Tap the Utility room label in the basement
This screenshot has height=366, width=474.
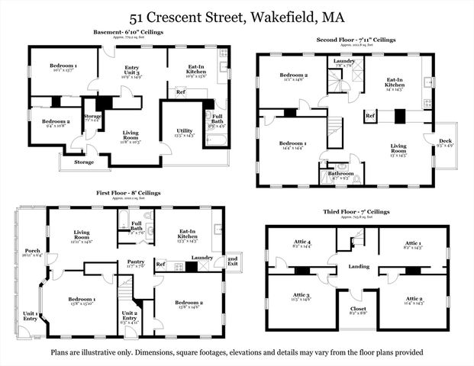click(x=185, y=131)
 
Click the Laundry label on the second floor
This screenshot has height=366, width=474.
click(x=343, y=60)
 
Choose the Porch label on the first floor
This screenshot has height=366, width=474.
click(x=33, y=252)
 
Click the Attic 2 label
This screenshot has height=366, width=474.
click(x=415, y=298)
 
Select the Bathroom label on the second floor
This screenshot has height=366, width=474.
click(x=340, y=174)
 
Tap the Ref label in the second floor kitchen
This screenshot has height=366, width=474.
click(x=369, y=115)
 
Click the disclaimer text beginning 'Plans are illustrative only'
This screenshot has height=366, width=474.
click(x=237, y=352)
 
